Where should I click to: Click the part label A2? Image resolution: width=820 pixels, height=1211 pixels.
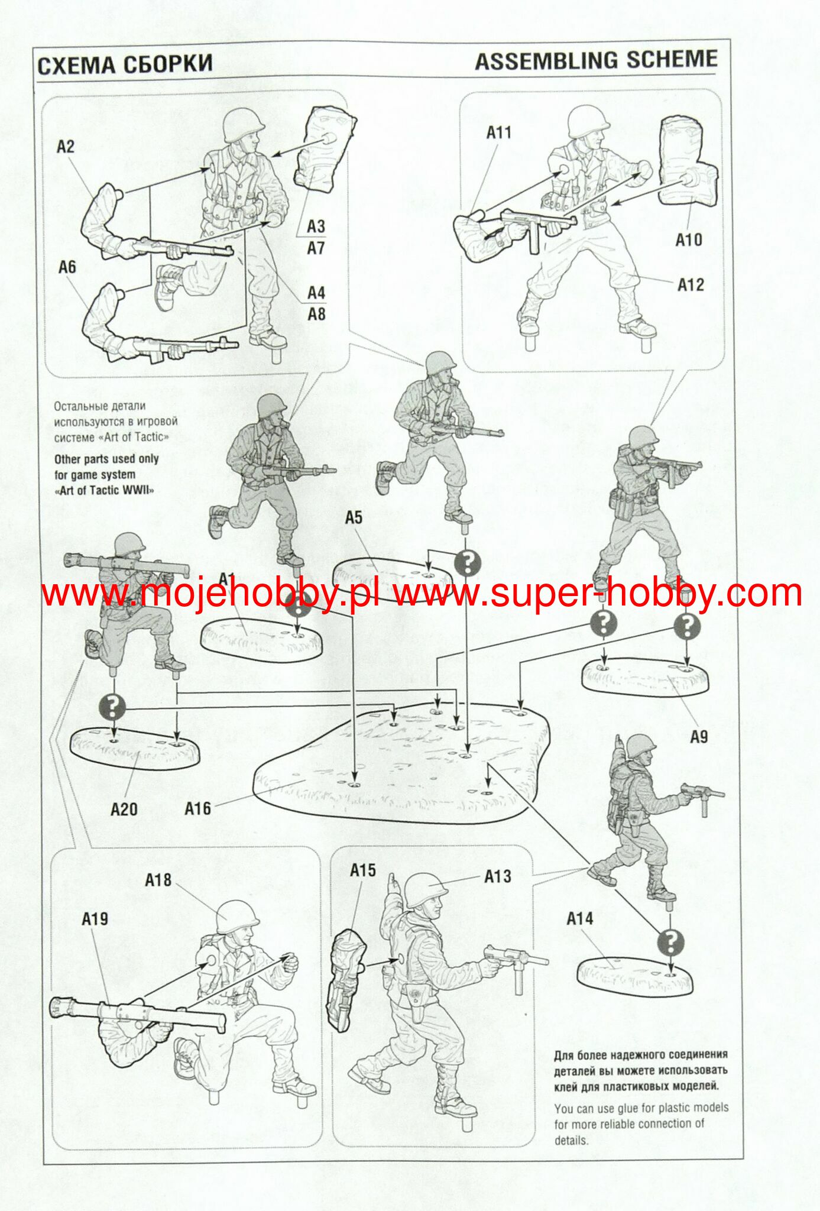[x=66, y=147]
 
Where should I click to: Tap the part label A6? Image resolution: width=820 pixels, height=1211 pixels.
[x=67, y=267]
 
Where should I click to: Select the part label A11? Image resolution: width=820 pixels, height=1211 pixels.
[x=499, y=133]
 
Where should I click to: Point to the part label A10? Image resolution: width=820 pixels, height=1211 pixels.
[x=689, y=240]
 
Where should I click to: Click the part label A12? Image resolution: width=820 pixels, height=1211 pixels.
[x=691, y=285]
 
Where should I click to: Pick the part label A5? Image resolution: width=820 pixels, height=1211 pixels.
[x=354, y=518]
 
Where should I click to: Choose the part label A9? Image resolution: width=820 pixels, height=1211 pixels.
[x=699, y=737]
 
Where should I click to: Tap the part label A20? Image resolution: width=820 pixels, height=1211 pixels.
[x=124, y=809]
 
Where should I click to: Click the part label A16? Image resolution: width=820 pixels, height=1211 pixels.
[x=197, y=808]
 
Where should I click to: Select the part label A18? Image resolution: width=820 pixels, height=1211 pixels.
[x=158, y=880]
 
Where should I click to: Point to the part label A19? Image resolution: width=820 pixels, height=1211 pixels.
[x=95, y=919]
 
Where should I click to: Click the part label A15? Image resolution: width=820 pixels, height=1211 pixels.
[x=363, y=870]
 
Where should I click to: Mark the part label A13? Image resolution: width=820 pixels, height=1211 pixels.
[x=498, y=876]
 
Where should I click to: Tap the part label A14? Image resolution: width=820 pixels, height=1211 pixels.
[x=580, y=918]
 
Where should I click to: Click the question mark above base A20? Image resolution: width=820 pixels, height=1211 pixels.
[x=113, y=707]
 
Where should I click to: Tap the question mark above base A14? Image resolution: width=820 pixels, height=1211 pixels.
[x=670, y=943]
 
